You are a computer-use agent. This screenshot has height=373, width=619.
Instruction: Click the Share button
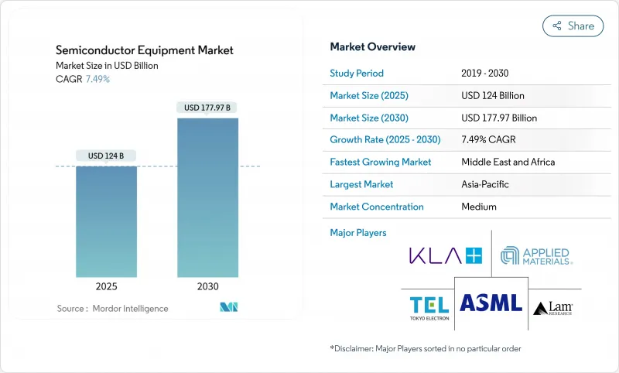point(573,26)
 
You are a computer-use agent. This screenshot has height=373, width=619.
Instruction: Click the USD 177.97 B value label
point(207,107)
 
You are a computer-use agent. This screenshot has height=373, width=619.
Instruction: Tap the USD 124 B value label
point(107,156)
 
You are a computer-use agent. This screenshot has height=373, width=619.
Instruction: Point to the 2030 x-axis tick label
point(207,286)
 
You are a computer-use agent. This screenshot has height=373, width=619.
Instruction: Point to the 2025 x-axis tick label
point(107,286)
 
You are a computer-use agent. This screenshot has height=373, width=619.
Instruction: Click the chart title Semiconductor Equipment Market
point(145,50)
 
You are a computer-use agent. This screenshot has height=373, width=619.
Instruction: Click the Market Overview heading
point(372,47)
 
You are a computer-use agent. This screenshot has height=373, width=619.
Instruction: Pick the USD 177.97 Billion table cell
point(498,118)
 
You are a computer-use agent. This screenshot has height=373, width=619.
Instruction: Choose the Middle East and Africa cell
point(508,163)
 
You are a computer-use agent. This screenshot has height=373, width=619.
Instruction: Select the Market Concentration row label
point(377,207)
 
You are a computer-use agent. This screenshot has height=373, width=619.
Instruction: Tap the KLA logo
point(446,255)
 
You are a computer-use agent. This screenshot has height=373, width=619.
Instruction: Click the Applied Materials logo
point(536,256)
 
